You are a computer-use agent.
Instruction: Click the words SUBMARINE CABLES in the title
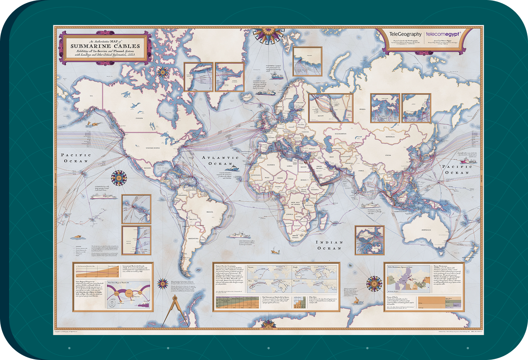[105, 46]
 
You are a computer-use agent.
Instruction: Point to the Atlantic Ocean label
[220, 160]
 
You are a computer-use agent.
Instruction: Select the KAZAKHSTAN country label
[335, 134]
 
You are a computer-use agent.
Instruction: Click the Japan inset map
[416, 108]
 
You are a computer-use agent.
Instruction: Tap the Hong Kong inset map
[385, 108]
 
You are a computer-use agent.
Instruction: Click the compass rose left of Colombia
[119, 177]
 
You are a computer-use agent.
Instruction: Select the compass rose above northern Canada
[163, 71]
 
